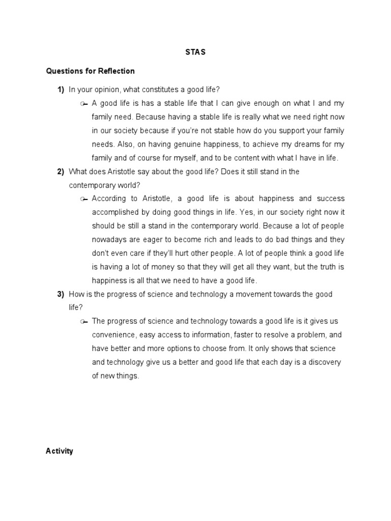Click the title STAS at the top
(195, 52)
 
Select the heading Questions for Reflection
(90, 71)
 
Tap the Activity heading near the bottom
(60, 451)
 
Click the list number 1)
(61, 90)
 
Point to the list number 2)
(61, 171)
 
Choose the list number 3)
(61, 294)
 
